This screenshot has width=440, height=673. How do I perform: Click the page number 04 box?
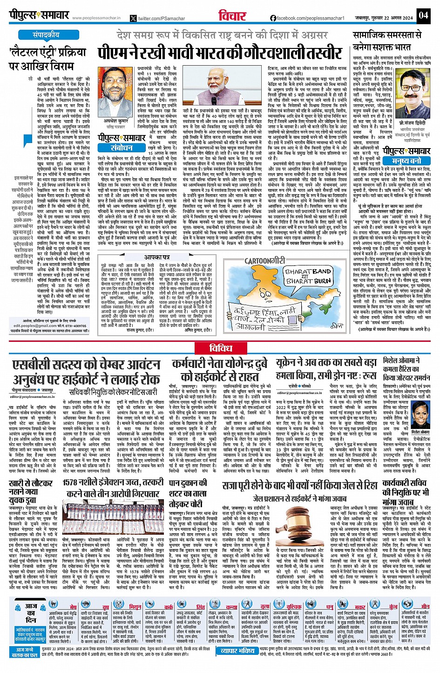tap(423, 15)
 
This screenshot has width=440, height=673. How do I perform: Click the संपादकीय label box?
tap(46, 35)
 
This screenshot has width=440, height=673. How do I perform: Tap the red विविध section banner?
tap(220, 348)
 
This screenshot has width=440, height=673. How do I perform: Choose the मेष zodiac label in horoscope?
tap(73, 607)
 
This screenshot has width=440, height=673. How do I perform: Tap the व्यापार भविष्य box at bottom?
tap(238, 651)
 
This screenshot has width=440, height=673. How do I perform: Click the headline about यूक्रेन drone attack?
tap(325, 368)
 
